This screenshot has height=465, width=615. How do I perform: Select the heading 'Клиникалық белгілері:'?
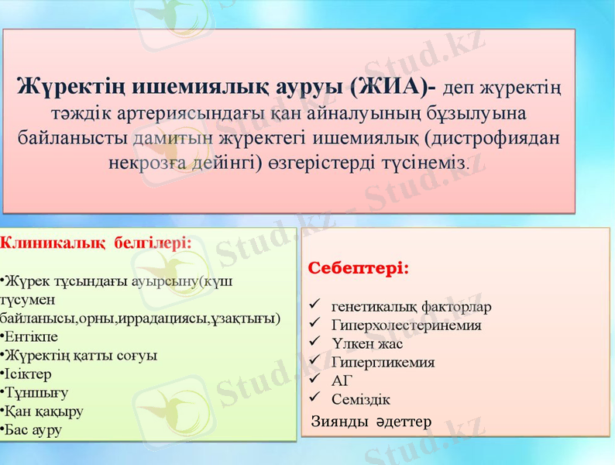point(96,242)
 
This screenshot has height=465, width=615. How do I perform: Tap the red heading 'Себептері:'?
point(359,268)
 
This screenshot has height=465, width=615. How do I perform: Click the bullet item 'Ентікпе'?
point(32,336)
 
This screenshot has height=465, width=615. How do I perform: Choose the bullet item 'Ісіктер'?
point(29,374)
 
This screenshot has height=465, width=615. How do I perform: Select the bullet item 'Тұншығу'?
point(36,392)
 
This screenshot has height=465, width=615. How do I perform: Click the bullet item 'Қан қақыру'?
point(43,411)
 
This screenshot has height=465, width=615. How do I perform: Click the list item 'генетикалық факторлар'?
point(411,306)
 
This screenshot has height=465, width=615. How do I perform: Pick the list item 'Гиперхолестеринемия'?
point(406,325)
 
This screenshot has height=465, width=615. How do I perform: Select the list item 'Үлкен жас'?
point(367,343)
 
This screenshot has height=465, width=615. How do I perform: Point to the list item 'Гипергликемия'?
point(383,362)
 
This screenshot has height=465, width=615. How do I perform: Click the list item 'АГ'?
point(342,381)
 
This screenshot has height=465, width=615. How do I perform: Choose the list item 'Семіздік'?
point(360,400)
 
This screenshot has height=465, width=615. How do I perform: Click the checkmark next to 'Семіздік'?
point(314,399)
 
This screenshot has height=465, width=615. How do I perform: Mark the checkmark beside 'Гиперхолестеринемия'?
point(314,324)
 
